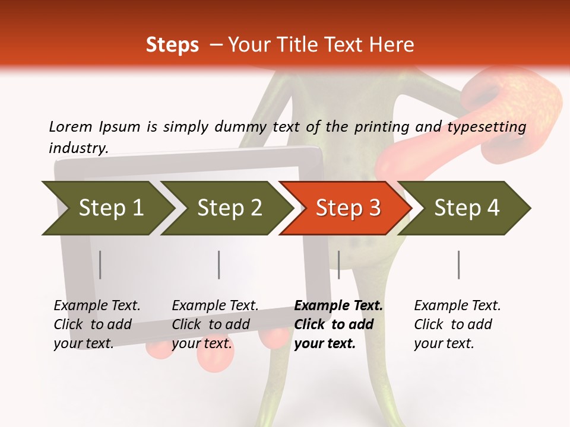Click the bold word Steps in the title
172,45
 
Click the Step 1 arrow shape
110,208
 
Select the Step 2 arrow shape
229,208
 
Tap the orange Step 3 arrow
348,208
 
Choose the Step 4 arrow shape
467,208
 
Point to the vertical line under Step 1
100,265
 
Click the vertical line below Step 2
219,265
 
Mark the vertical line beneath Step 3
338,265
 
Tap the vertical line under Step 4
458,265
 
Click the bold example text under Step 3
338,324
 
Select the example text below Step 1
97,324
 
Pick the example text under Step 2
215,324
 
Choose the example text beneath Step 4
457,324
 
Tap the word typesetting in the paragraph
486,126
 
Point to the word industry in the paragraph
78,148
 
